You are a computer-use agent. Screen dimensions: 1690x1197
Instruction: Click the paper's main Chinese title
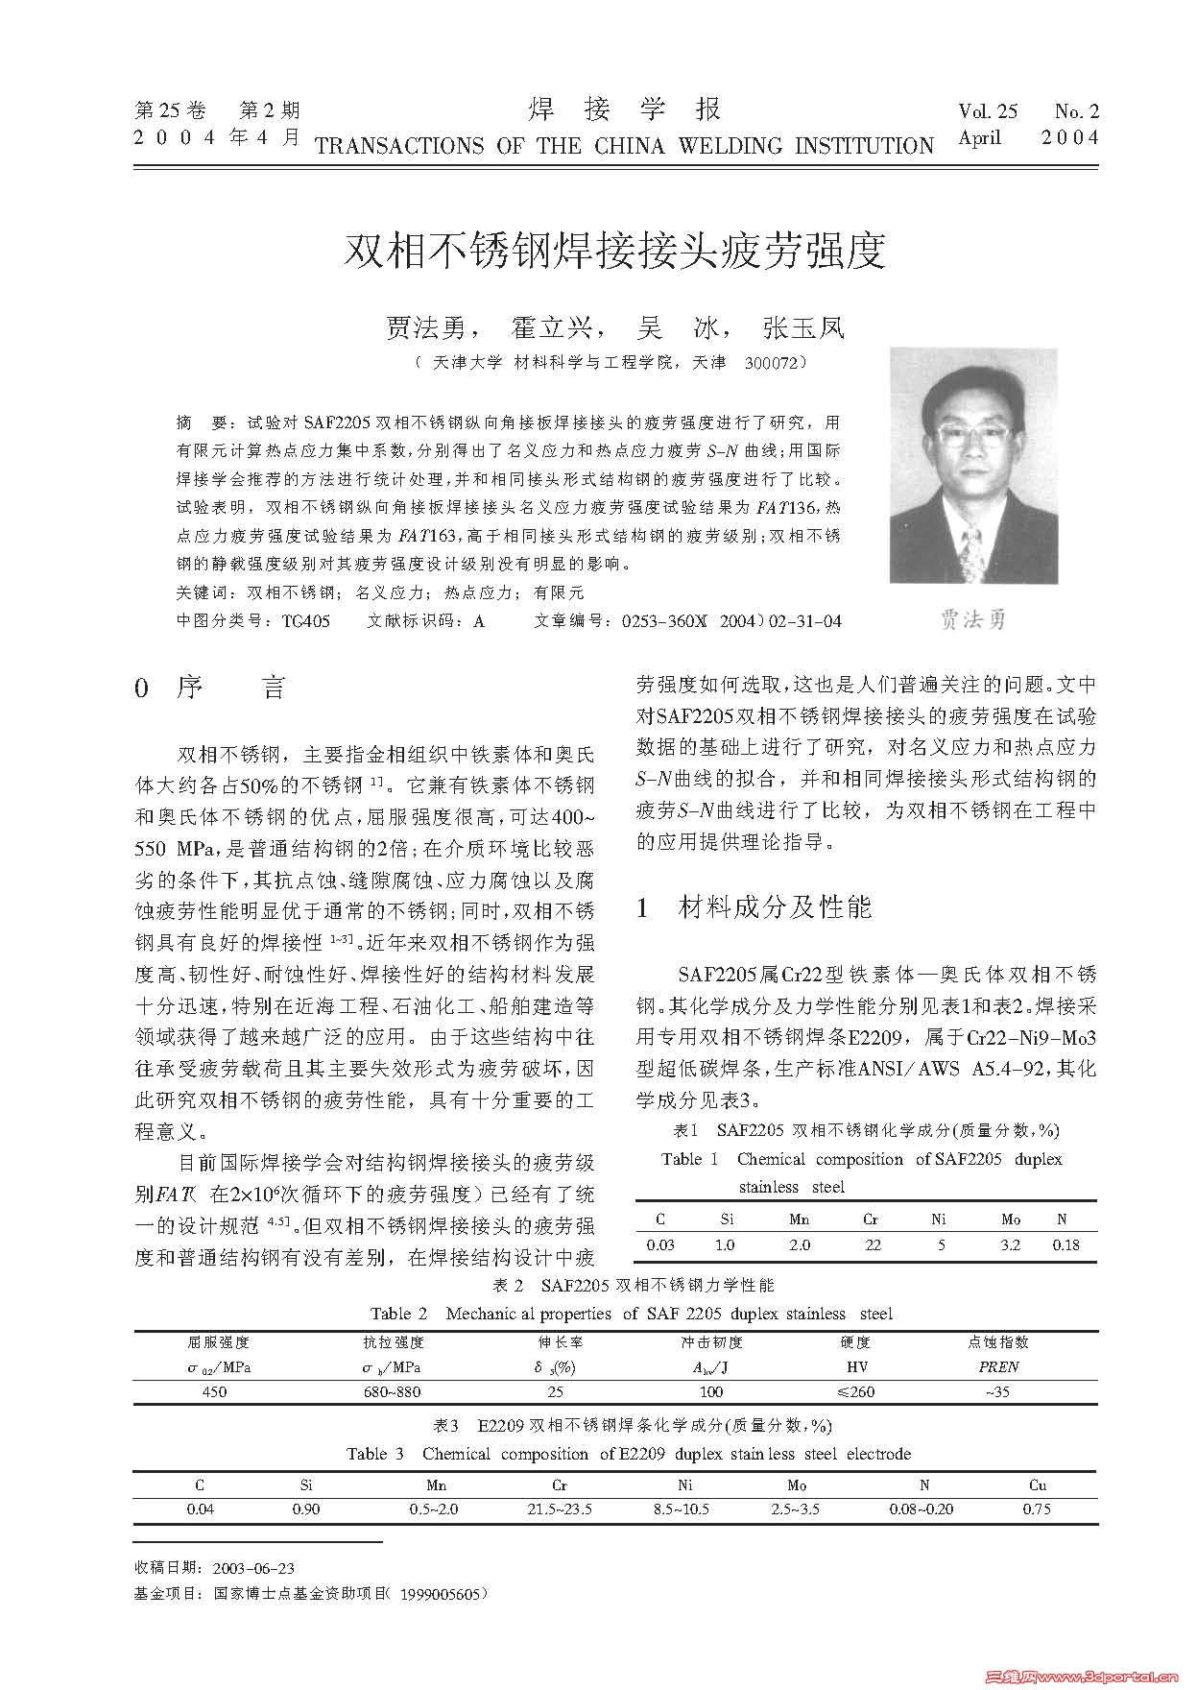click(x=614, y=252)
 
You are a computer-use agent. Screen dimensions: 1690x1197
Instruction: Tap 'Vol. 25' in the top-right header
click(x=988, y=112)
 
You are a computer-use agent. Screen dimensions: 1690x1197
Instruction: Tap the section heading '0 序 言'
click(x=211, y=688)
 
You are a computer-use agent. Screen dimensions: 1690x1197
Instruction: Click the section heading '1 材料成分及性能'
click(x=754, y=907)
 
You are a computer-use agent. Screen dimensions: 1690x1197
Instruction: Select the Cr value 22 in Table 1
click(x=873, y=1244)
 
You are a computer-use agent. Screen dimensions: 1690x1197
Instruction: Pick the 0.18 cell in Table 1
click(x=1065, y=1244)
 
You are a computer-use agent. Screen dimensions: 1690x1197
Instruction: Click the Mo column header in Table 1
click(x=1011, y=1219)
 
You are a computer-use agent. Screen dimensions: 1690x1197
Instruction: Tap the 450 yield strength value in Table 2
click(x=215, y=1391)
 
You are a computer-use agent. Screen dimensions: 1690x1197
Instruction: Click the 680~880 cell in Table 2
click(x=392, y=1391)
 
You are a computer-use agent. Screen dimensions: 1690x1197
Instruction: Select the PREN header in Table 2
click(x=998, y=1366)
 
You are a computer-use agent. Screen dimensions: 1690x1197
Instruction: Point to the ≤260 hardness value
click(x=855, y=1391)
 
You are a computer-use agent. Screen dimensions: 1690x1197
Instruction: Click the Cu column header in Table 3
click(x=1038, y=1485)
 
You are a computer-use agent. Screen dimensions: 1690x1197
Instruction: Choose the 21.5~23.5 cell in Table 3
click(x=560, y=1509)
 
